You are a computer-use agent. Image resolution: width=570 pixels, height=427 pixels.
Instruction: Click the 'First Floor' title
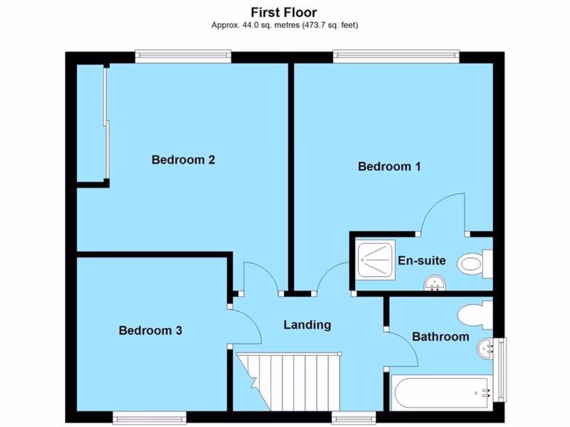pos(284,12)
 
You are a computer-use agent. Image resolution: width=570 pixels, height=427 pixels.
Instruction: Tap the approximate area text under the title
pos(284,24)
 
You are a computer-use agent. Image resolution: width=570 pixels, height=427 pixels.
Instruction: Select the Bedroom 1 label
pos(389,166)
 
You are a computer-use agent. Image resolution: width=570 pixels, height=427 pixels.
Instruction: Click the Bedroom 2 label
pos(183,160)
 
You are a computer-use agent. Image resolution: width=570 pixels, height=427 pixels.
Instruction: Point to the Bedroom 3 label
pos(150,331)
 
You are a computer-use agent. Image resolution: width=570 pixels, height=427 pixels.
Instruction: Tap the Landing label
pos(307,325)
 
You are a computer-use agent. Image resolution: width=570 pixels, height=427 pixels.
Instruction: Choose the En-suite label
pos(421,260)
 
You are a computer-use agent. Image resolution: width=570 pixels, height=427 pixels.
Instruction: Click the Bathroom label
pos(440,336)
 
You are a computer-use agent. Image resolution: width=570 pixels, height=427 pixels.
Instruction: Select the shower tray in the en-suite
pos(376,258)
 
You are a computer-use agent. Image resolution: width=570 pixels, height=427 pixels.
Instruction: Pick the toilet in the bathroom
pos(474,315)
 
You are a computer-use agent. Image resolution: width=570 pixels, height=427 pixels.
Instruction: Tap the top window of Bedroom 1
pos(396,56)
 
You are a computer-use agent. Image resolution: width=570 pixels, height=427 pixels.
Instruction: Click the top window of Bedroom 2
pos(183,56)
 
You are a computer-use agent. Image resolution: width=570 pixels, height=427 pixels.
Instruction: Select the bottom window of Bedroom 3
pos(149,417)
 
